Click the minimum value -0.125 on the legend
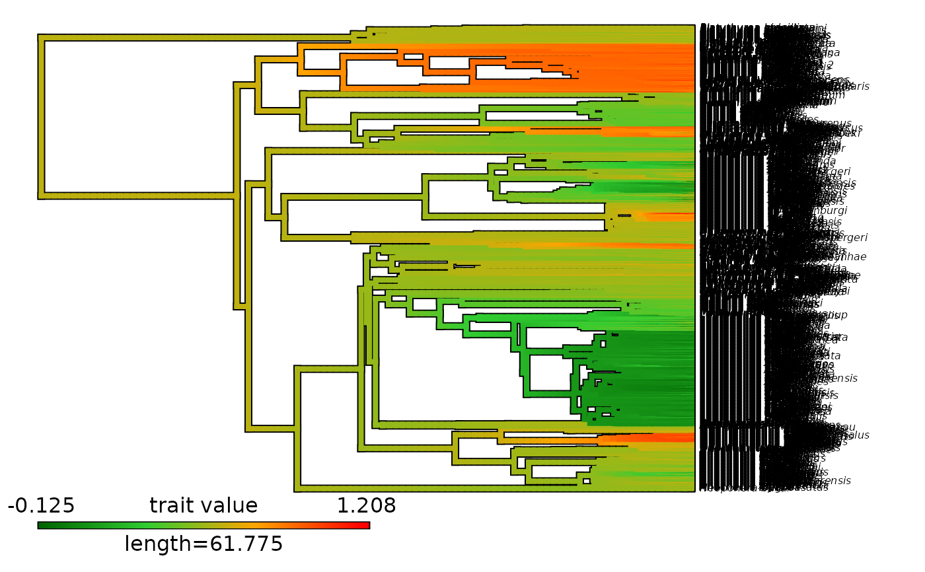(41, 506)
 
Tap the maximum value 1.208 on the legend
(366, 506)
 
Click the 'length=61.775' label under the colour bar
(203, 544)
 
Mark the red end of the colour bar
(365, 525)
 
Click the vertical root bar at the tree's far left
(41, 116)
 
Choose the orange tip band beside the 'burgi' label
(661, 217)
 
